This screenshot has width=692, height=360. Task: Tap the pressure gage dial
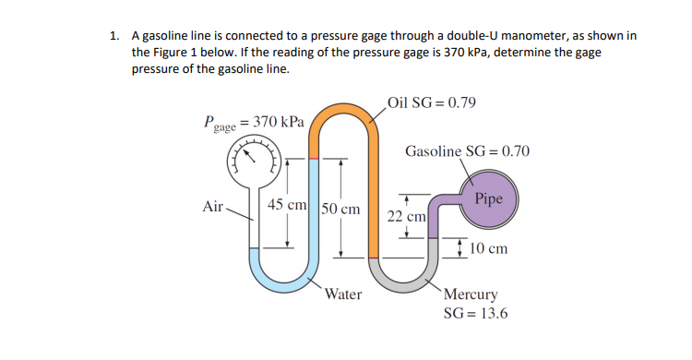[255, 162]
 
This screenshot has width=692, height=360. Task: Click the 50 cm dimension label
[340, 209]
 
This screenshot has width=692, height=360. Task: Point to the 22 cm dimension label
[405, 216]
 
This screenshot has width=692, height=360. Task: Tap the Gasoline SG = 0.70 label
[468, 150]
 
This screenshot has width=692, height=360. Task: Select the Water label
[343, 295]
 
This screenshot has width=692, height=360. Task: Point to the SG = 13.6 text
[475, 314]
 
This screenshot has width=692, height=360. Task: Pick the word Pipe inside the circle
[488, 198]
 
